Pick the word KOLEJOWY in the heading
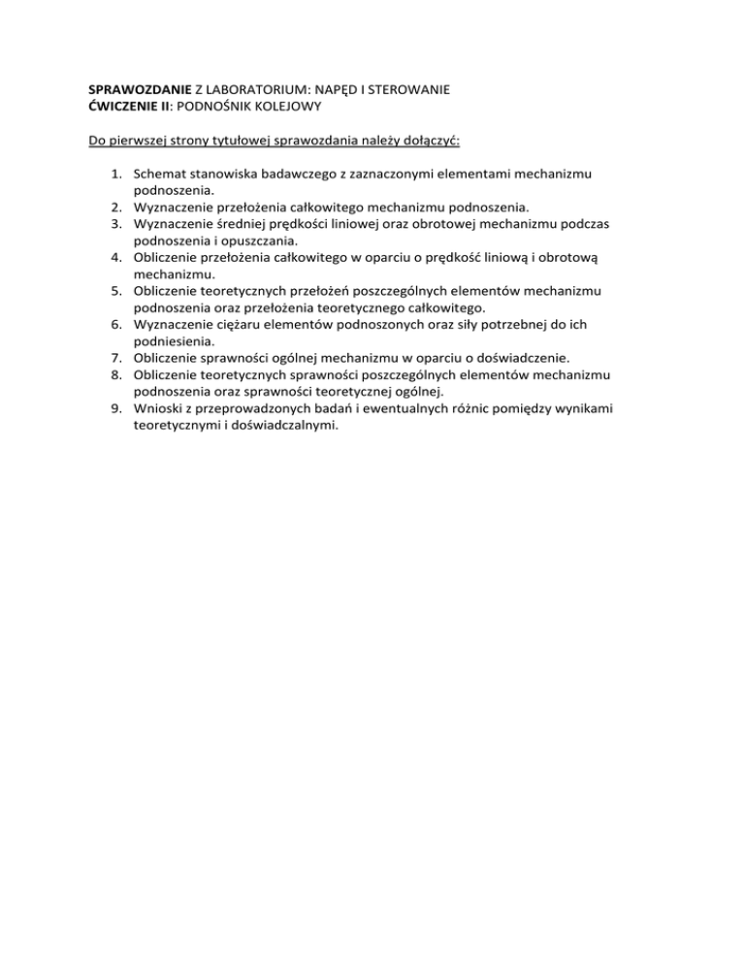pos(285,107)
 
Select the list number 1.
pos(115,176)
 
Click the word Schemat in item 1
pos(161,176)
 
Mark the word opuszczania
pos(258,241)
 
